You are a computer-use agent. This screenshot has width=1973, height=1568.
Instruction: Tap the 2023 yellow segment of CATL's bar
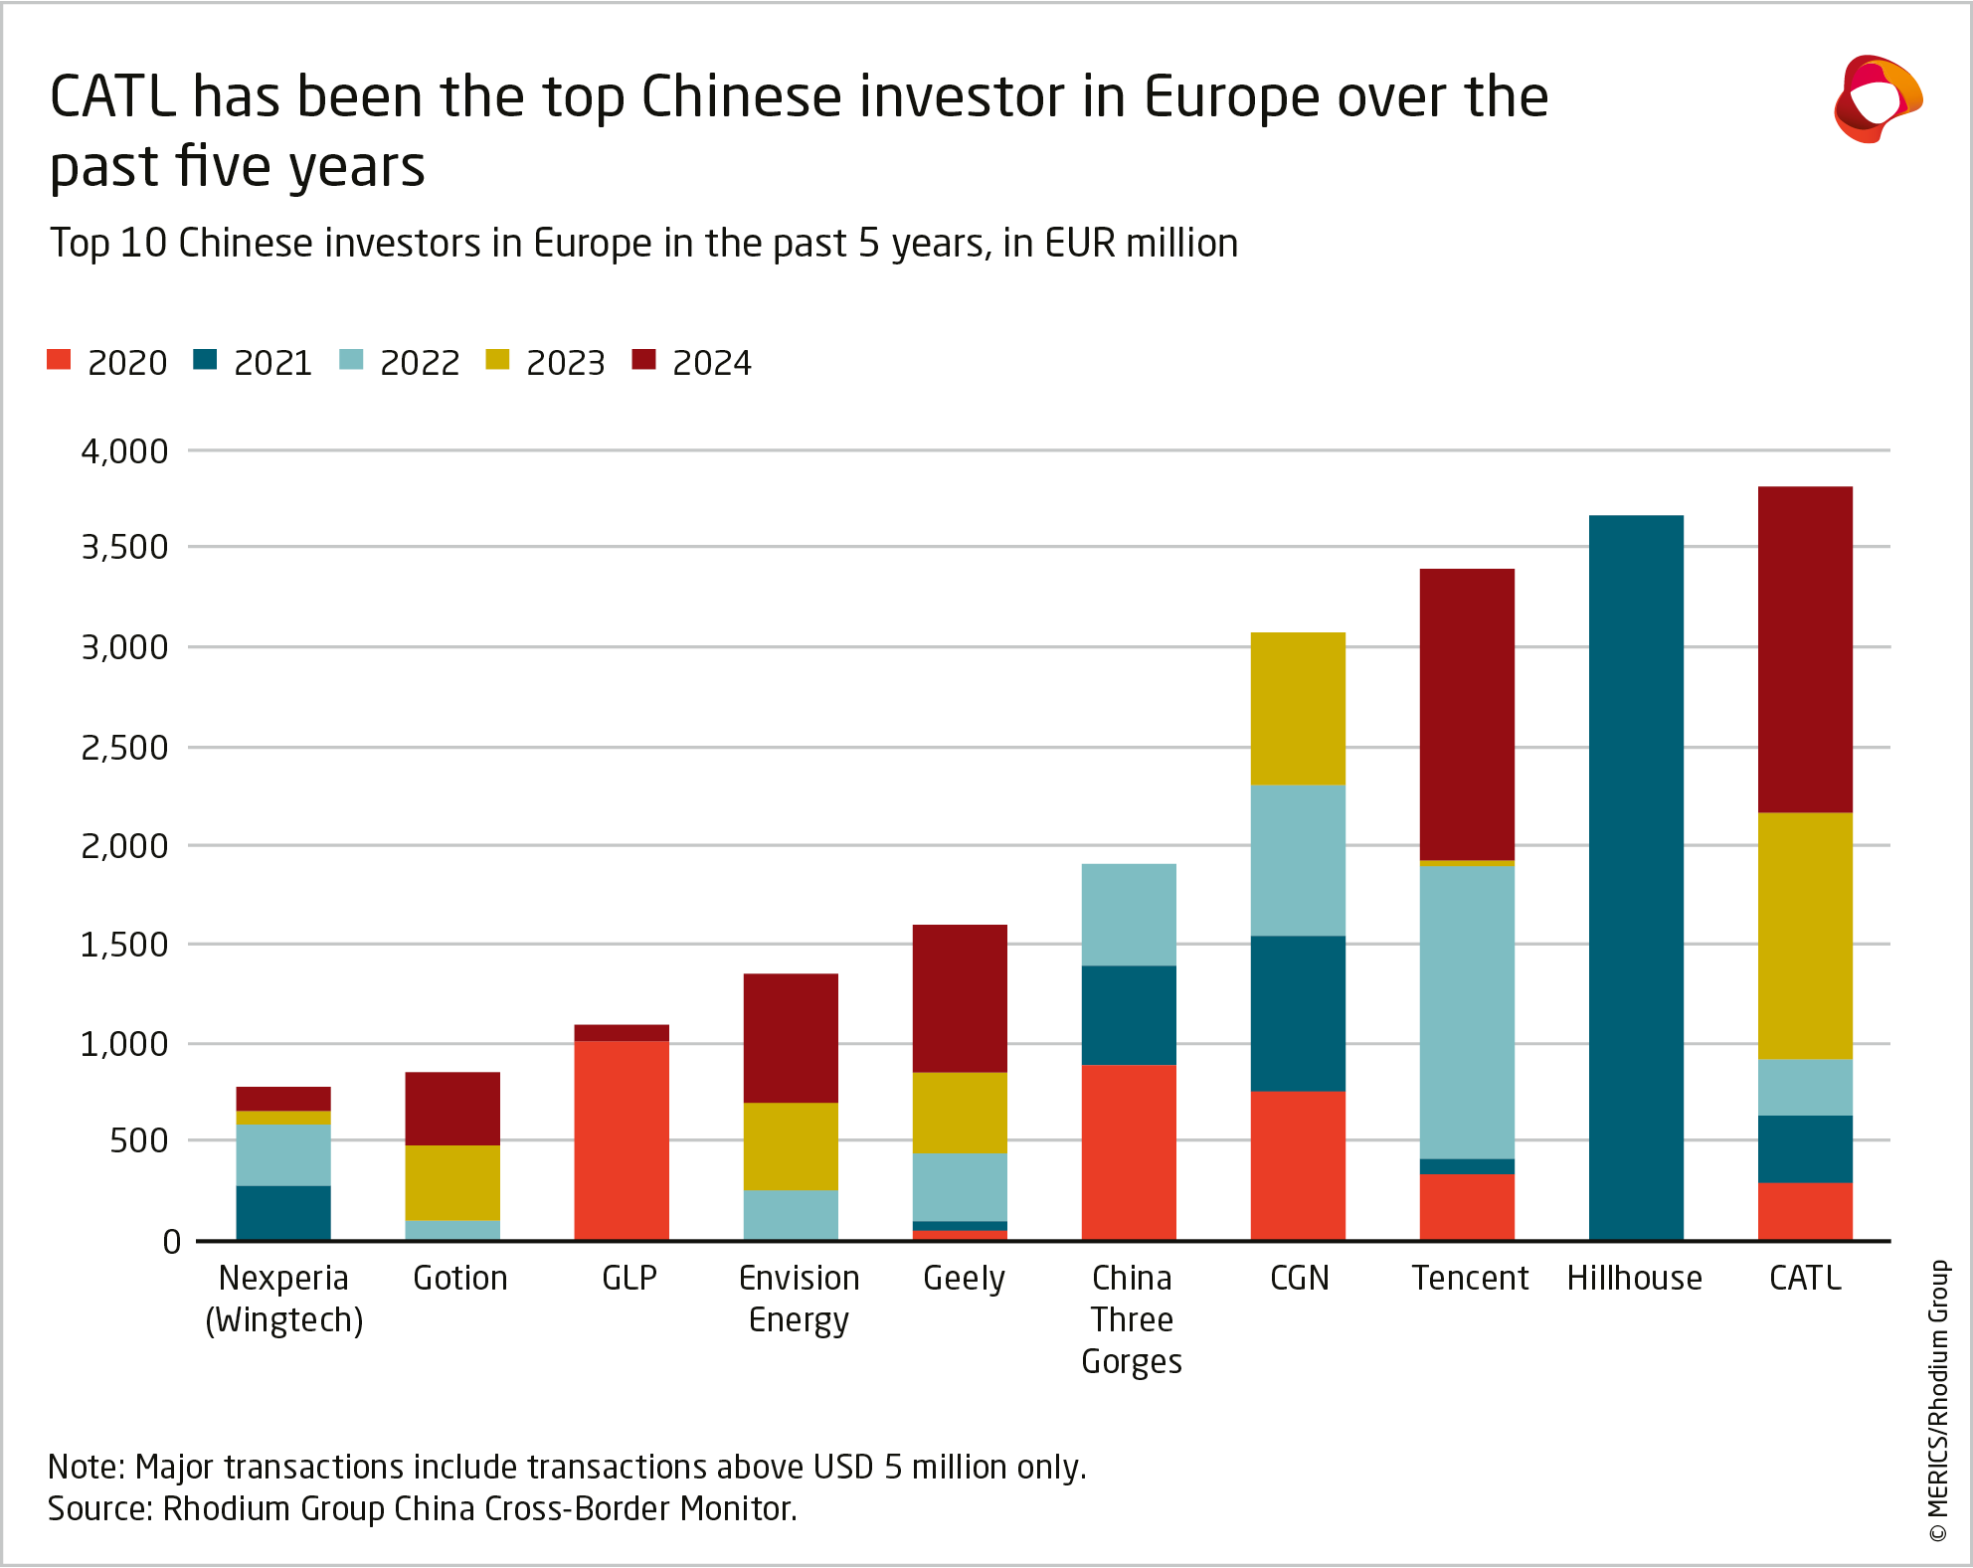pos(1805,936)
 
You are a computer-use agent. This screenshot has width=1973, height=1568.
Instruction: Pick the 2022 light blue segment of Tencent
pos(1467,1012)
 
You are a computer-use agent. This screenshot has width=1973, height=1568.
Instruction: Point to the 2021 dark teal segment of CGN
pos(1298,1013)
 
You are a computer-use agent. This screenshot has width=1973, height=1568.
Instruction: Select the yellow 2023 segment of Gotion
pos(452,1182)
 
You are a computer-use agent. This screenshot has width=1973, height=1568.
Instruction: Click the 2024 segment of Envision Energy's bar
pos(791,1038)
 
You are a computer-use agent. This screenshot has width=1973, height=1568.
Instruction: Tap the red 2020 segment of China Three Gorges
pos(1129,1152)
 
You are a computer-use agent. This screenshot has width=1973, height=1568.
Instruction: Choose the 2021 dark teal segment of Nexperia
pos(283,1212)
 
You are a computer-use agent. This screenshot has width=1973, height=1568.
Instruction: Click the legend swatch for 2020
pos(59,360)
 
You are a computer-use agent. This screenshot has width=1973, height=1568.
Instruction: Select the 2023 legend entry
pos(546,362)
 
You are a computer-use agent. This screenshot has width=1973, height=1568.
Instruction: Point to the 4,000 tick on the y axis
pos(124,451)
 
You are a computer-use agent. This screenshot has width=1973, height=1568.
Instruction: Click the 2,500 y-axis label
pos(124,748)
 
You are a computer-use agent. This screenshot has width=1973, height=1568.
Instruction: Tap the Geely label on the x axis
pos(964,1278)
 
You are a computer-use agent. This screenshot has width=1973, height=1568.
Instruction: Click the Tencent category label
pos(1470,1278)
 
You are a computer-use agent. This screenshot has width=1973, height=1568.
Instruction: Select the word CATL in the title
pos(113,97)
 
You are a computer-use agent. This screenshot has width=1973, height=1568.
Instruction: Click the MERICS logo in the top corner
pos(1877,98)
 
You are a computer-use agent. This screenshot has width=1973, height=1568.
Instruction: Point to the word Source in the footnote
pos(98,1508)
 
